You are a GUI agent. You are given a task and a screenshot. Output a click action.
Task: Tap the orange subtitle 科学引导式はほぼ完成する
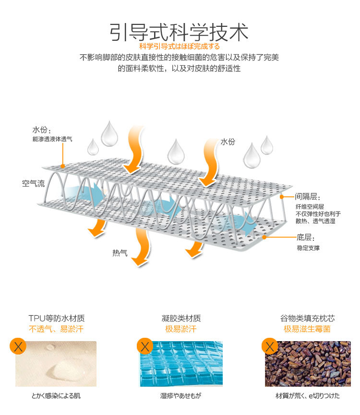[x=179, y=47]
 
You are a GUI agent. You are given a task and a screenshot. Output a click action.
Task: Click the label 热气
[x=120, y=253]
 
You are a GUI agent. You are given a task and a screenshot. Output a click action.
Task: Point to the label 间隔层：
[x=308, y=197]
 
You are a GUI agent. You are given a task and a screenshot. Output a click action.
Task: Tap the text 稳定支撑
[x=308, y=248]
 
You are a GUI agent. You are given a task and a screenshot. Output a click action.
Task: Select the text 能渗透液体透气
[x=52, y=139]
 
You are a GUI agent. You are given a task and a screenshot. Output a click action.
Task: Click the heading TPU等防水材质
[x=57, y=318]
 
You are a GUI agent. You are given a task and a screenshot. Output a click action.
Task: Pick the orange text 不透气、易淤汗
[x=57, y=329]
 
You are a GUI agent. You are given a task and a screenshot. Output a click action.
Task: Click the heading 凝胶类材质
[x=181, y=318]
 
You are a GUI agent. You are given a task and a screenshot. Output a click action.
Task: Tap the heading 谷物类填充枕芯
[x=307, y=318]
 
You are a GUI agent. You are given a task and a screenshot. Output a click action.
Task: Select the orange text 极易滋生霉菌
[x=307, y=329]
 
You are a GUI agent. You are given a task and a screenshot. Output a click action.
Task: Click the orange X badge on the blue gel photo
[x=144, y=346]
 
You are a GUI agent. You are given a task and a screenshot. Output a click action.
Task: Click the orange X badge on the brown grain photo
[x=269, y=346]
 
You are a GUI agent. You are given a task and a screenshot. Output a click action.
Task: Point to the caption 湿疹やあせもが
[x=180, y=396]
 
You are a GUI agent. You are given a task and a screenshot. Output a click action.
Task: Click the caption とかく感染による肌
[x=56, y=396]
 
